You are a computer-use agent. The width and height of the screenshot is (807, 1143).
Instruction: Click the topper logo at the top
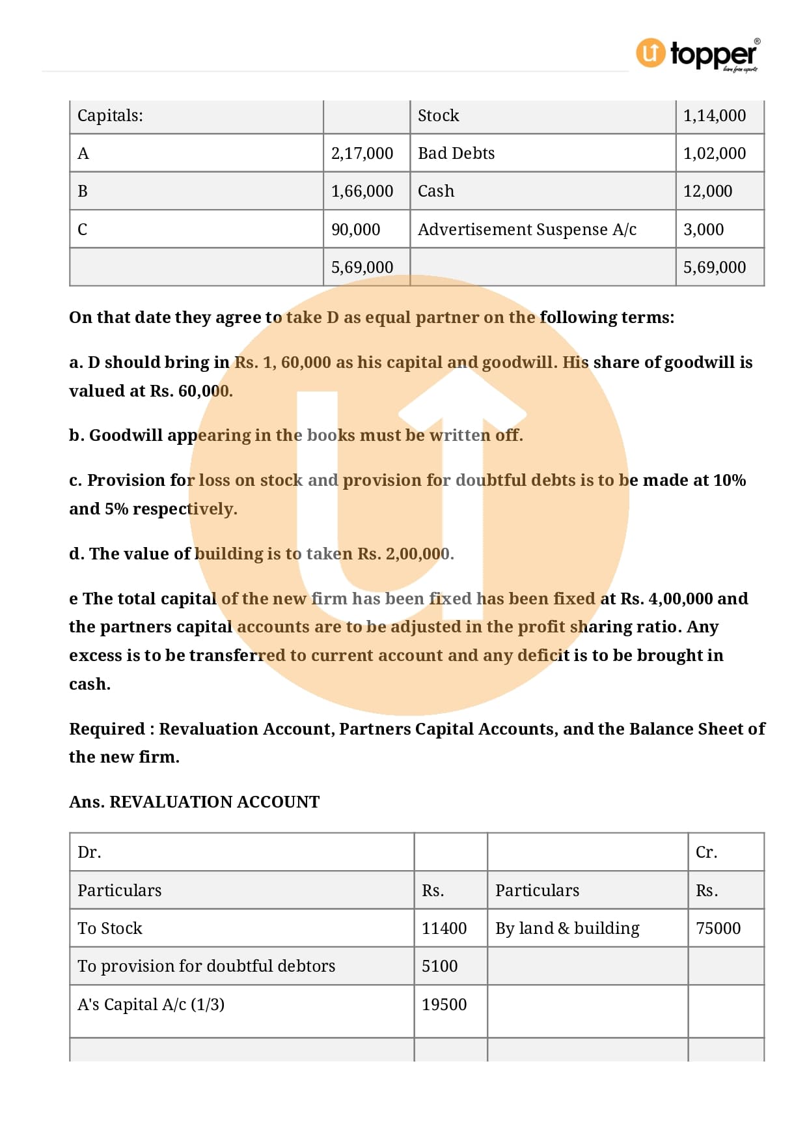click(698, 54)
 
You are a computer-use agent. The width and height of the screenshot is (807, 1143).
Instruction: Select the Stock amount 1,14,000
click(714, 116)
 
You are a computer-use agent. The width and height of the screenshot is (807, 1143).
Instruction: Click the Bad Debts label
click(456, 154)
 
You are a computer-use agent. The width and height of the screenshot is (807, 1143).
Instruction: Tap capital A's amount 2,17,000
click(362, 154)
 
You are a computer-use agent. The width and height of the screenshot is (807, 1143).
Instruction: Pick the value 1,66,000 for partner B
click(362, 191)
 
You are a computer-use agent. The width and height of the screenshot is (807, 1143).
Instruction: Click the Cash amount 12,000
click(707, 191)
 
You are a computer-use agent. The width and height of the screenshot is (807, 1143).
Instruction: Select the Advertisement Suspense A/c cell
click(527, 230)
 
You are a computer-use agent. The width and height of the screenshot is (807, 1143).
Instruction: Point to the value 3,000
click(703, 230)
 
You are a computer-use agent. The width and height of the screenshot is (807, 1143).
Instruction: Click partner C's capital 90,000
click(355, 230)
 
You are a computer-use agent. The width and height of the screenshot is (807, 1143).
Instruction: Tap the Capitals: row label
click(110, 116)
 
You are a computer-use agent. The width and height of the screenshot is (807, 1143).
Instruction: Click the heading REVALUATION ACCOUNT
click(214, 802)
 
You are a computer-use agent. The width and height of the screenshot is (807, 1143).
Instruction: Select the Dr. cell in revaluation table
click(89, 853)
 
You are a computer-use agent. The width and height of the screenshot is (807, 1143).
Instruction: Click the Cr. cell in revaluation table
click(706, 853)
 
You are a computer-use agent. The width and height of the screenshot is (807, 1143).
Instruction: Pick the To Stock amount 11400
click(444, 929)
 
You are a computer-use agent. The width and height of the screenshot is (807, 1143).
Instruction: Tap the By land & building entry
click(567, 929)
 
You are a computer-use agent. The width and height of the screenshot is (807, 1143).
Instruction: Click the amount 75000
click(718, 929)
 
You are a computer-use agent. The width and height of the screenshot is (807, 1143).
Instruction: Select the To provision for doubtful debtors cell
click(206, 967)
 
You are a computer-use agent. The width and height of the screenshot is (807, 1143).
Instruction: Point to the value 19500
click(444, 1005)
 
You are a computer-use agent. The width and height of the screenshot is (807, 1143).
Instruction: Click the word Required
click(107, 729)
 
